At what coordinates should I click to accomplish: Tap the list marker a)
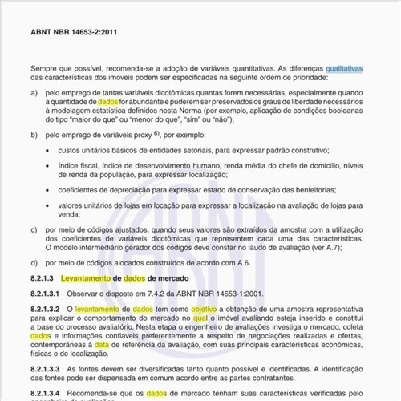(x=34, y=93)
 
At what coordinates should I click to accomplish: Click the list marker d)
(x=34, y=262)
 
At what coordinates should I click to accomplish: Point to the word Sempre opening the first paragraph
(x=46, y=70)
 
